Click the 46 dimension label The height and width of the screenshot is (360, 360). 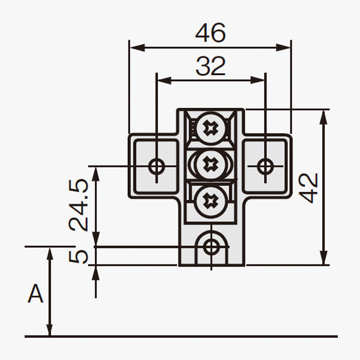tap(211, 33)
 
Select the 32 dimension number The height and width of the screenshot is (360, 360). tap(211, 67)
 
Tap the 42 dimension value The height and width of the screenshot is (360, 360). tap(308, 188)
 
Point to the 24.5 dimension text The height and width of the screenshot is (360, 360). tap(79, 205)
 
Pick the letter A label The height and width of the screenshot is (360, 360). tap(35, 293)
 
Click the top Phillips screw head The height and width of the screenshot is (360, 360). tap(211, 128)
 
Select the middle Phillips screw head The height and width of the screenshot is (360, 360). tap(211, 164)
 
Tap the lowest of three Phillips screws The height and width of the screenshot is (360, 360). tap(211, 202)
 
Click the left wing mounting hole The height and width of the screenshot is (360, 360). tap(157, 166)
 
